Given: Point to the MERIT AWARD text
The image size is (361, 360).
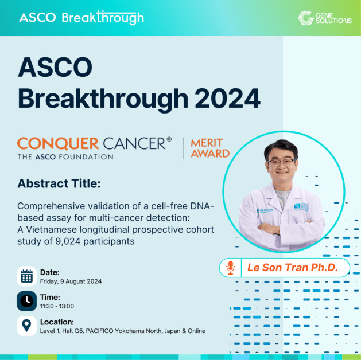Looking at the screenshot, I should pyautogui.click(x=209, y=148).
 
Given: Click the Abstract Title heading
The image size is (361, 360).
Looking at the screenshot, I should pyautogui.click(x=59, y=184).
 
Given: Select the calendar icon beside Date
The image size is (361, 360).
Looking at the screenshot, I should pyautogui.click(x=26, y=276).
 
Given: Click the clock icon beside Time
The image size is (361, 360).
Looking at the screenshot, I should pyautogui.click(x=26, y=301).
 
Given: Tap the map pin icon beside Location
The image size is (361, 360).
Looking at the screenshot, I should pyautogui.click(x=26, y=326).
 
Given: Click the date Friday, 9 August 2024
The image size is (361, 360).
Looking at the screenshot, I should pyautogui.click(x=71, y=281).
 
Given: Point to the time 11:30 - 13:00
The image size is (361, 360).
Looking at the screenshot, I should pyautogui.click(x=59, y=306).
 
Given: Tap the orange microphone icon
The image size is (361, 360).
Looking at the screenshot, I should pyautogui.click(x=231, y=268).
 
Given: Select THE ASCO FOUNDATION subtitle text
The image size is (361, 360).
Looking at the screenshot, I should pyautogui.click(x=65, y=156).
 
